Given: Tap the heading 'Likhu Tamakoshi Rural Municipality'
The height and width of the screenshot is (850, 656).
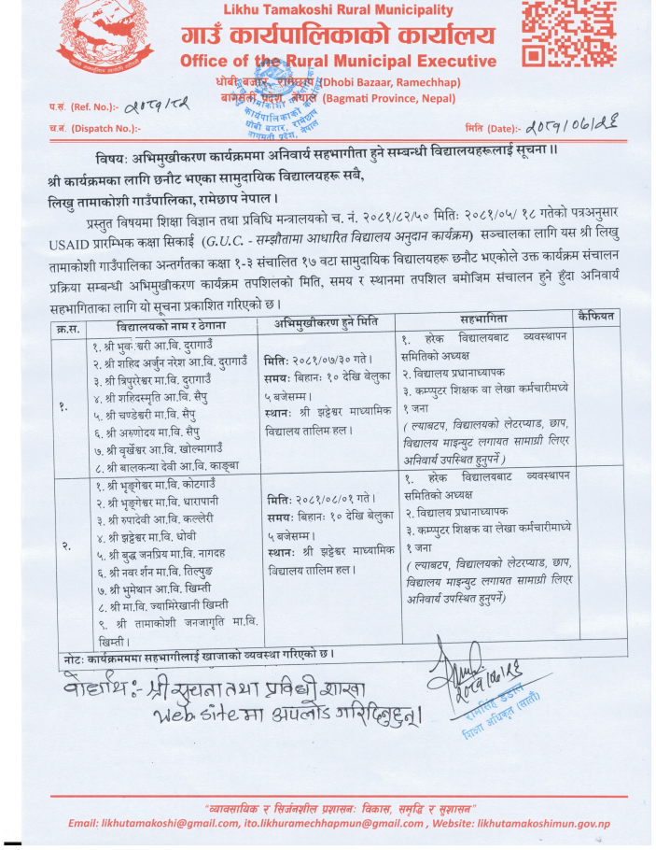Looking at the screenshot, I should [x=338, y=10].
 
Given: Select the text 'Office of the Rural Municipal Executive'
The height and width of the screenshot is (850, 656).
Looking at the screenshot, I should [x=339, y=62].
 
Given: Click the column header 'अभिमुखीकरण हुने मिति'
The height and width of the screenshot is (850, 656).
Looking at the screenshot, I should [x=325, y=320].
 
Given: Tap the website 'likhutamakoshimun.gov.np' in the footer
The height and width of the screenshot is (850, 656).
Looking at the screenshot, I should [x=545, y=823].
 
